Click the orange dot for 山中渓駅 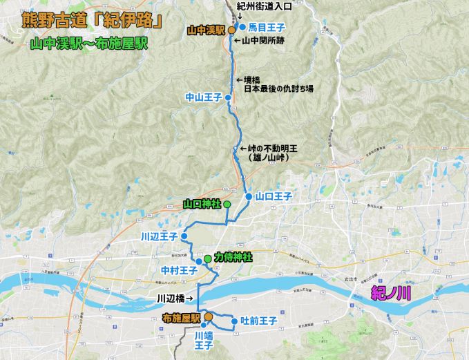[x=232, y=30]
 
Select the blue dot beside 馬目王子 [x=242, y=27]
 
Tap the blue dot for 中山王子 [x=229, y=98]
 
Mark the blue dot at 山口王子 [x=249, y=197]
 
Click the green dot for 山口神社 [x=227, y=204]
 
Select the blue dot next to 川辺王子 [x=184, y=236]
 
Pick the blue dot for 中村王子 [x=198, y=262]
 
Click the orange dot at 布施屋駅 [x=207, y=317]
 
